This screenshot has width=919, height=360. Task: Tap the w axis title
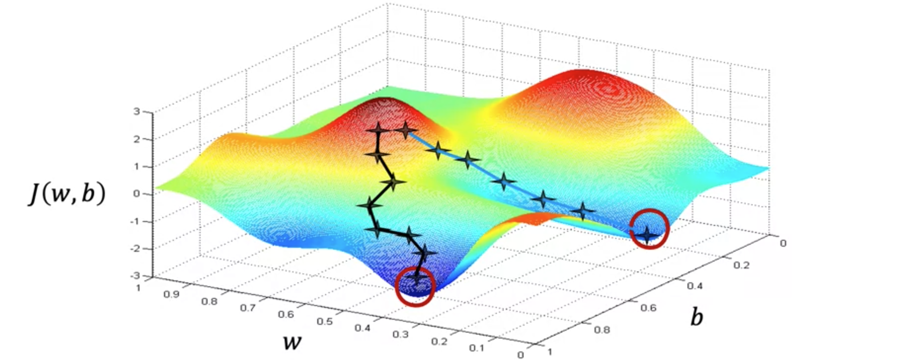(292, 342)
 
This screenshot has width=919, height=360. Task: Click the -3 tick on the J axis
(135, 276)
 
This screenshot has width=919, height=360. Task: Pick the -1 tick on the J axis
(135, 221)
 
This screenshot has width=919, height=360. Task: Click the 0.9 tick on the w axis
(171, 295)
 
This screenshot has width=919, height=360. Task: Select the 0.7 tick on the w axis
(248, 308)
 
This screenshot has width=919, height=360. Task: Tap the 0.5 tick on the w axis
(325, 321)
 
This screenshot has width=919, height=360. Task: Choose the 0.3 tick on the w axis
(400, 334)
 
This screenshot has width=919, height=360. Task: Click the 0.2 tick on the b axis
(742, 265)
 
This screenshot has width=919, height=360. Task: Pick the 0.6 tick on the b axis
(648, 308)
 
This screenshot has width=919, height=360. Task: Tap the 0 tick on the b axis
(783, 243)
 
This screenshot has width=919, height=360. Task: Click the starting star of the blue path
(405, 131)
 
